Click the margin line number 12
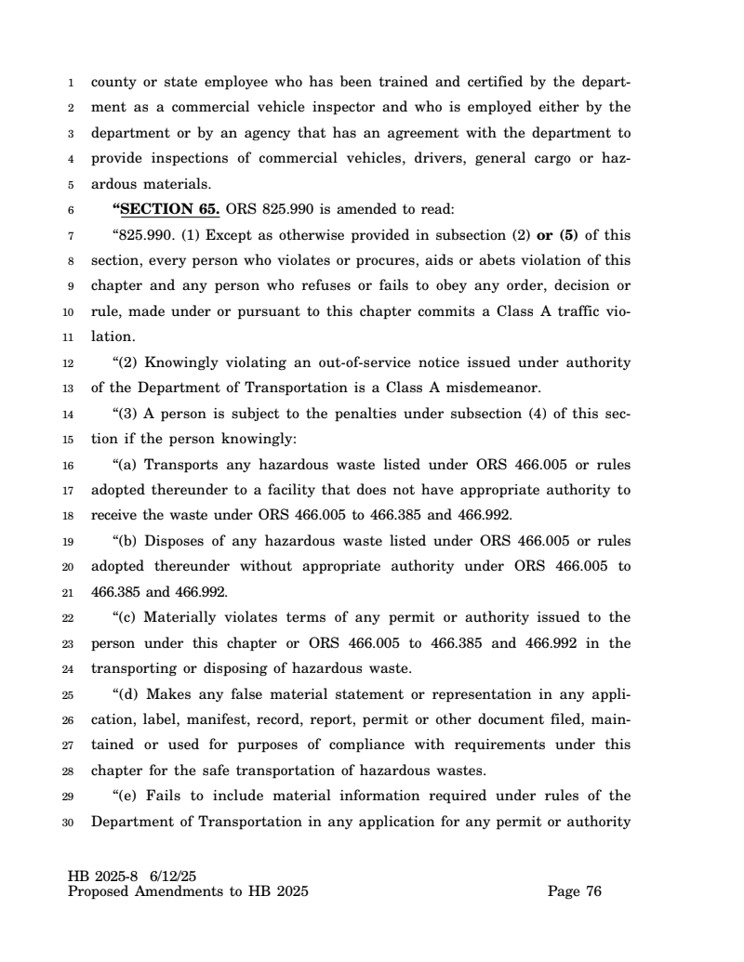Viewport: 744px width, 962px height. (73, 362)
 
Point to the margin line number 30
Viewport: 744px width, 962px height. (73, 822)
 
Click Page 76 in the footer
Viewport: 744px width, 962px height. (575, 892)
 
